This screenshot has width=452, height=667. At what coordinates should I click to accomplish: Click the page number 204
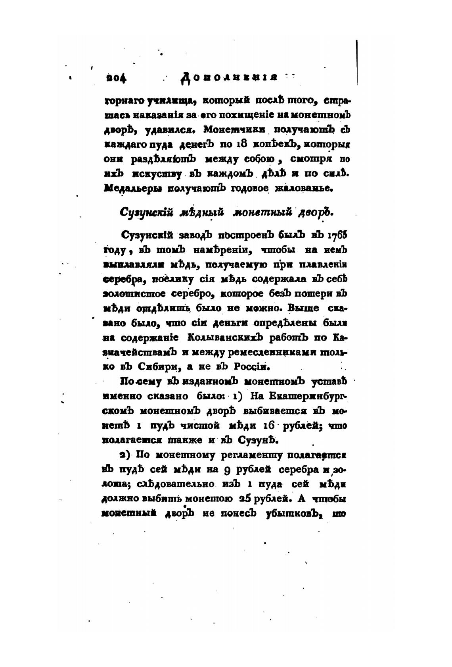point(116,77)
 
